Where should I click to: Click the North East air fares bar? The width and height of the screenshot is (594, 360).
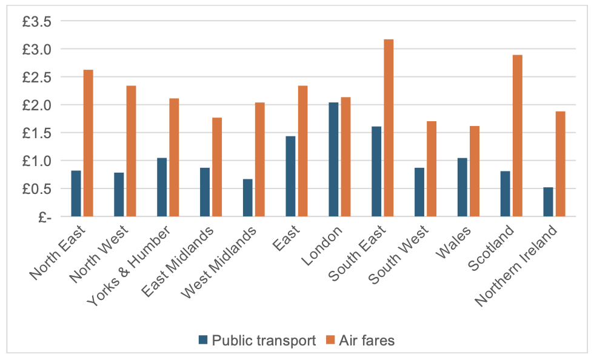click(88, 143)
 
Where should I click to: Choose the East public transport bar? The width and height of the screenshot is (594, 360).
click(290, 176)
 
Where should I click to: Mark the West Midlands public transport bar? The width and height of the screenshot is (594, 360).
click(247, 198)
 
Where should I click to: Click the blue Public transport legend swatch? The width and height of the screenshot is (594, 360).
click(203, 341)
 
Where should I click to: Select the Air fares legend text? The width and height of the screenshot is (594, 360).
click(367, 341)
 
